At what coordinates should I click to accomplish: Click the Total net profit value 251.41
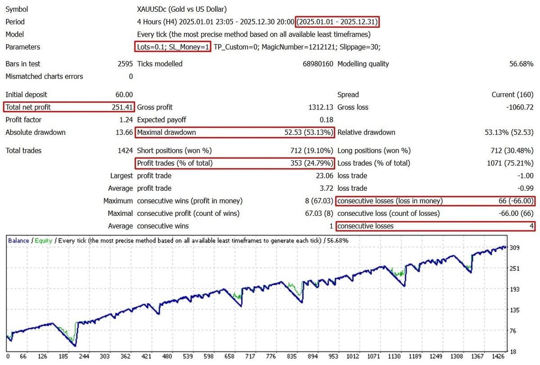(122, 107)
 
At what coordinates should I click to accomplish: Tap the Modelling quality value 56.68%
(521, 64)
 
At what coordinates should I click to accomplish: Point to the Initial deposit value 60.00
(124, 95)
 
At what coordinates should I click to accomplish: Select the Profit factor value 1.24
(126, 120)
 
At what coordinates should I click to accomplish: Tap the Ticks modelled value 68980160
(318, 64)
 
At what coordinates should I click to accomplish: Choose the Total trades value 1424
(125, 151)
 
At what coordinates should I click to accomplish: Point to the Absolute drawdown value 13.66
(124, 132)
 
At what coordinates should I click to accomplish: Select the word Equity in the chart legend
(44, 241)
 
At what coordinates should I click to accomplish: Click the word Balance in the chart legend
(18, 241)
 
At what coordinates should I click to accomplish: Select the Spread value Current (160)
(513, 95)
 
